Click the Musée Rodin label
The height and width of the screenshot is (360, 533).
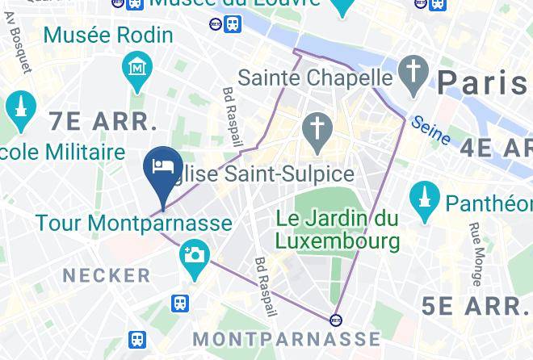click(x=108, y=36)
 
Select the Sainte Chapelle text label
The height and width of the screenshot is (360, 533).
click(x=316, y=79)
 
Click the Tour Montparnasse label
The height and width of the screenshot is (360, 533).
click(x=133, y=223)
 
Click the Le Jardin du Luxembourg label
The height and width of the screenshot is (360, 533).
click(x=338, y=229)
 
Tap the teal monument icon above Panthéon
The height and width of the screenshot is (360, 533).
click(x=425, y=198)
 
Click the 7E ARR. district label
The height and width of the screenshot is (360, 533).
click(x=103, y=122)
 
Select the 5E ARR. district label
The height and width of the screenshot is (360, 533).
click(x=475, y=305)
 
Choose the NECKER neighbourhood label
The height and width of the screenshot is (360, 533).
click(x=107, y=275)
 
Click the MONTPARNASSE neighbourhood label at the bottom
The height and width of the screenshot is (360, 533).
click(x=287, y=337)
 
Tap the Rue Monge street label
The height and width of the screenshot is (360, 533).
click(x=476, y=255)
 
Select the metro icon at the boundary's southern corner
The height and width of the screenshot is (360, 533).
click(x=336, y=319)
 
